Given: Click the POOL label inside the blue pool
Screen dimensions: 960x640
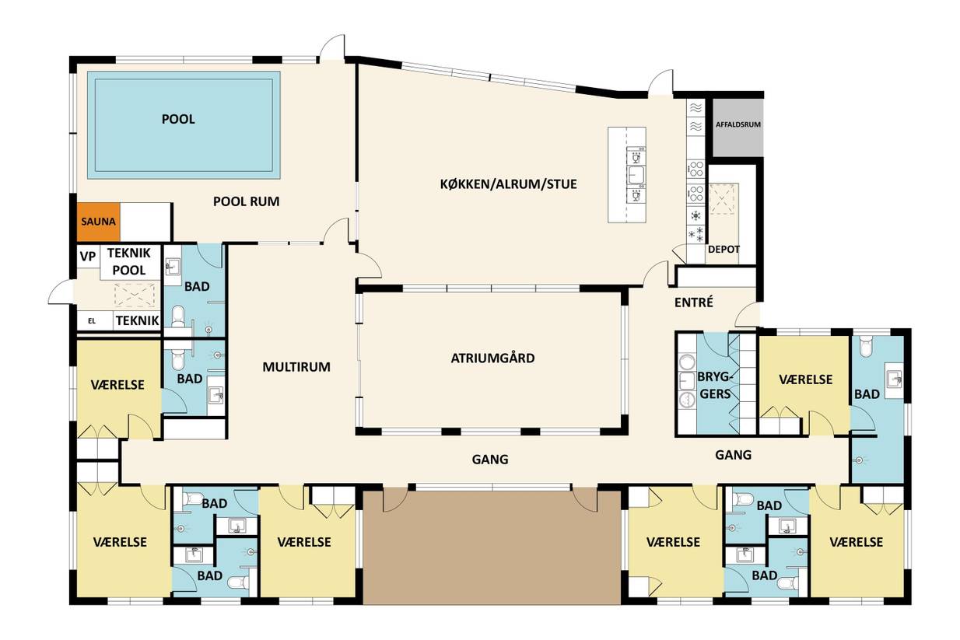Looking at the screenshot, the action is point(178,119).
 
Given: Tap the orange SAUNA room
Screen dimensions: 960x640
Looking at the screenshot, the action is point(99,222).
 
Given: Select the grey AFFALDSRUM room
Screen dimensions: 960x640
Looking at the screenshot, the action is point(738,128).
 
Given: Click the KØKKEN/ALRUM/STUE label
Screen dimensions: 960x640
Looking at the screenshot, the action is point(508,184).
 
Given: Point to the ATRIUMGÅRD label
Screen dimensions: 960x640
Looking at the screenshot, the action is point(492,358).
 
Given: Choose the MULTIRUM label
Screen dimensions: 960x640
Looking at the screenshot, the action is point(296,367).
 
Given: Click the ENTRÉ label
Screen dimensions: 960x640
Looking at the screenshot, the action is point(693,302).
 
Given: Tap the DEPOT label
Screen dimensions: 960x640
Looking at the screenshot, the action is point(724,249).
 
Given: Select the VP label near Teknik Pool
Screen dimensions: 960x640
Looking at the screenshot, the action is point(88,256).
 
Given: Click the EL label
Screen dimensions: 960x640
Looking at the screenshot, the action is point(92,321).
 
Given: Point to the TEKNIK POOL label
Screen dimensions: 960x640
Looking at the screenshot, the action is point(129,261).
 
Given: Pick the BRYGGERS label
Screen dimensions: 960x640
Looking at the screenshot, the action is point(715,385).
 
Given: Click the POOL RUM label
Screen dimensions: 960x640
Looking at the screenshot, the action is point(246,201).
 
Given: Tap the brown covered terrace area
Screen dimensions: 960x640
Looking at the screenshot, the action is point(492,547).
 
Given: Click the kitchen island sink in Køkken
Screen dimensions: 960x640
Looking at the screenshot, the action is point(636,175).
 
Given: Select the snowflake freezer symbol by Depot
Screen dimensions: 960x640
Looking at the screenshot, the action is point(696,234).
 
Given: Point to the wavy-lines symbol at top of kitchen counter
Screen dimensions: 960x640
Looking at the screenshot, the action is point(696,107).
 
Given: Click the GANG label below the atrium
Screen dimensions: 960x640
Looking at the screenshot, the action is point(490,460).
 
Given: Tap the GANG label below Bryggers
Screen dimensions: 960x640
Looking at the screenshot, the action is point(733,454).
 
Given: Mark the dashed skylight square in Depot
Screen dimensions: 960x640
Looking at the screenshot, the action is point(723,199).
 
